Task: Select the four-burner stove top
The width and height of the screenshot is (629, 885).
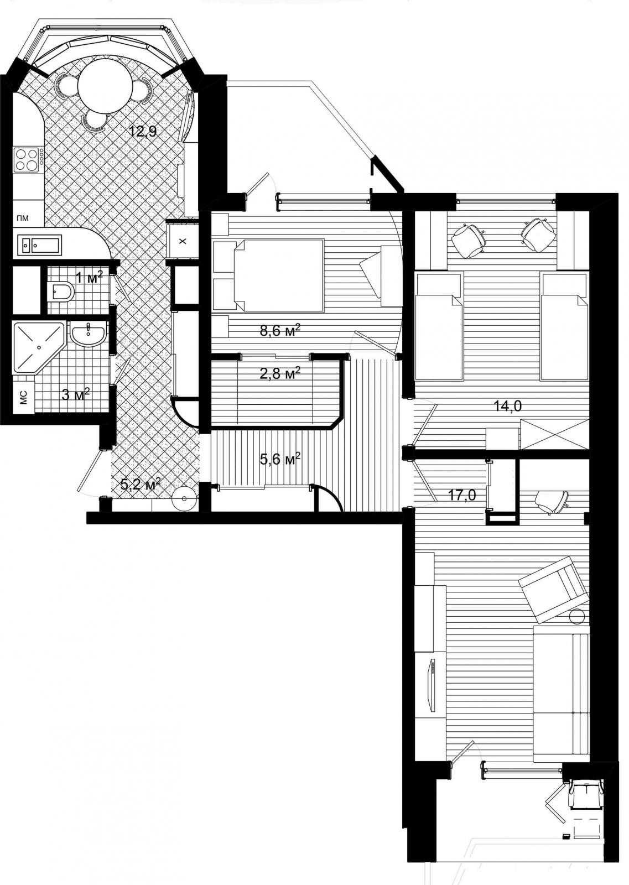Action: coord(28,160)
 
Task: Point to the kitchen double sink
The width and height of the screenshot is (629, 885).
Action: coord(39,245)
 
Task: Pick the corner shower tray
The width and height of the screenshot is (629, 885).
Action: coord(38,348)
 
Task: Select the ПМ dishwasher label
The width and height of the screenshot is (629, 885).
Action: coord(23,218)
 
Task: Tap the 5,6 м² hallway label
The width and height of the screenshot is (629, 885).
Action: coord(280,459)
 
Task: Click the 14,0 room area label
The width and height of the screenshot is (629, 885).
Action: coord(508,406)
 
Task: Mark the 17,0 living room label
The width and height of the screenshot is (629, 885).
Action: coord(462,496)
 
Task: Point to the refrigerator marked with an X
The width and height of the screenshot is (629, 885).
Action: coord(182,241)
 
